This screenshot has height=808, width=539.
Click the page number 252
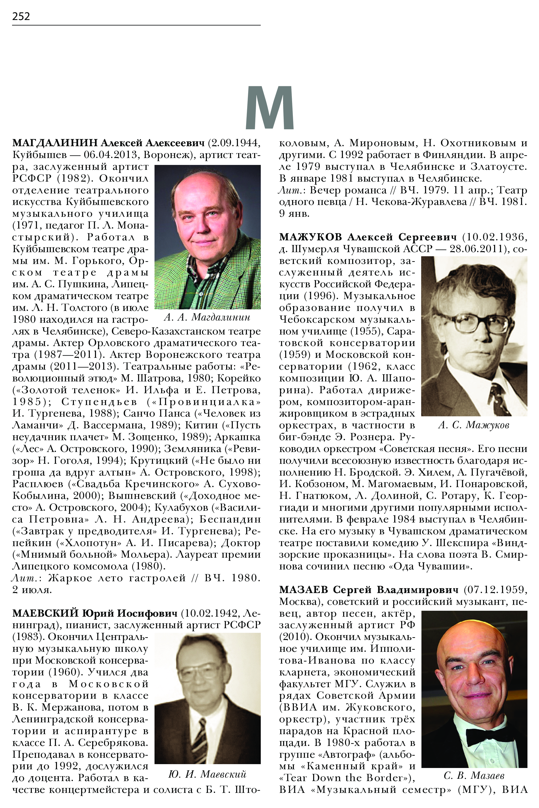pos(21,16)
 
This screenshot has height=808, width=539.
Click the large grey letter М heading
pos(269,108)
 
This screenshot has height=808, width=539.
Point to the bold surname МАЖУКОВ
pos(310,237)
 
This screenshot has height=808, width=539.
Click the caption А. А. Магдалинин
pos(207,317)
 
